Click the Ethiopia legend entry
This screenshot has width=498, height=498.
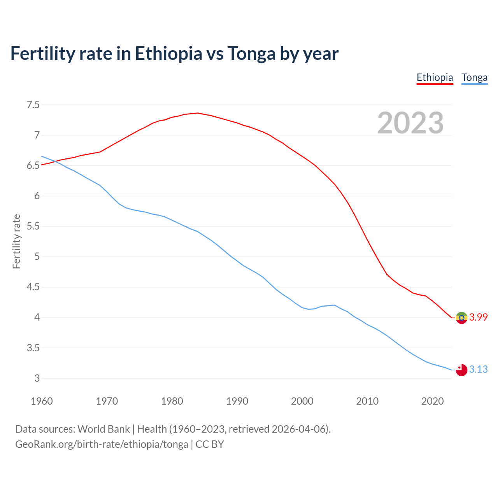pyautogui.click(x=435, y=77)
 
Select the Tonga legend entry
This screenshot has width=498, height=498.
pyautogui.click(x=474, y=77)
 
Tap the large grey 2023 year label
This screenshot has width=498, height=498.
pyautogui.click(x=410, y=123)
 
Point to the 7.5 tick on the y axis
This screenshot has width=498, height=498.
pyautogui.click(x=33, y=105)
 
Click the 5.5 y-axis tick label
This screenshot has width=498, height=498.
pyautogui.click(x=33, y=226)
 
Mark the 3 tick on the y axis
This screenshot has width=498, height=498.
pyautogui.click(x=37, y=378)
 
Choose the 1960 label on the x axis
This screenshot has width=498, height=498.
pyautogui.click(x=42, y=401)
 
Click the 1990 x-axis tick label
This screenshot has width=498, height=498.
pyautogui.click(x=237, y=401)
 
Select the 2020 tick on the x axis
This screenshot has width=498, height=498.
pyautogui.click(x=432, y=401)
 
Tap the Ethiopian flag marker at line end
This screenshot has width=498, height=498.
pyautogui.click(x=461, y=317)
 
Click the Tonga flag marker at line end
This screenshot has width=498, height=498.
pyautogui.click(x=461, y=370)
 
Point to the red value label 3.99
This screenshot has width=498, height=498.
pyautogui.click(x=478, y=317)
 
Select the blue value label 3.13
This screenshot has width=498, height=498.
pyautogui.click(x=478, y=369)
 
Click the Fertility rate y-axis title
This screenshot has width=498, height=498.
pyautogui.click(x=16, y=241)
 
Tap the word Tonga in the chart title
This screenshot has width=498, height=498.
pyautogui.click(x=251, y=54)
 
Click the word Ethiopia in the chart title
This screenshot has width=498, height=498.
pyautogui.click(x=168, y=54)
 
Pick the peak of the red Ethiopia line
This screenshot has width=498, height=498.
pyautogui.click(x=198, y=113)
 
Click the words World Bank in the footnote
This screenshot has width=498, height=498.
pyautogui.click(x=103, y=429)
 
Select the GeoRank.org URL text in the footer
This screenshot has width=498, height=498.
pyautogui.click(x=102, y=444)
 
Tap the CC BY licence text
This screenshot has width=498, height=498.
pyautogui.click(x=210, y=444)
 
